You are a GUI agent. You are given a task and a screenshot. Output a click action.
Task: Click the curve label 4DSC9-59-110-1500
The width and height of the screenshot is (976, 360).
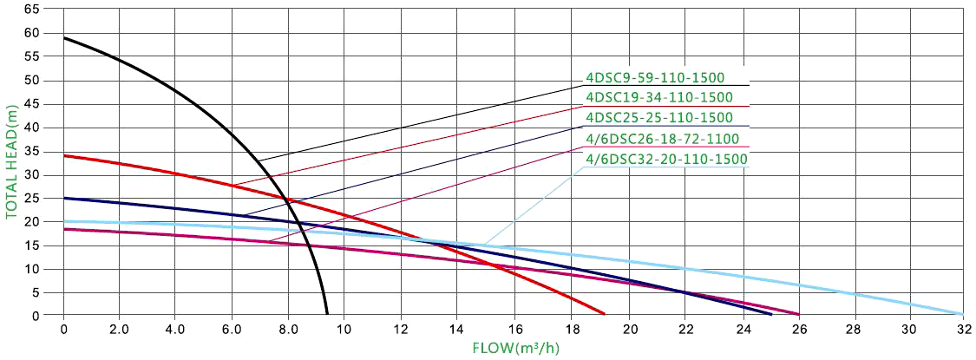pyautogui.click(x=655, y=78)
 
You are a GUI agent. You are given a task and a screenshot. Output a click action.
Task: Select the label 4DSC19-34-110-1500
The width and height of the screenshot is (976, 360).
pyautogui.click(x=659, y=97)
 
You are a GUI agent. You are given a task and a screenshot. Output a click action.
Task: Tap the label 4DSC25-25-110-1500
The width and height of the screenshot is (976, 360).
pyautogui.click(x=659, y=117)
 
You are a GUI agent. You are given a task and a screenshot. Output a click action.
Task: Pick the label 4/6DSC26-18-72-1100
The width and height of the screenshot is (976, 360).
pyautogui.click(x=663, y=139)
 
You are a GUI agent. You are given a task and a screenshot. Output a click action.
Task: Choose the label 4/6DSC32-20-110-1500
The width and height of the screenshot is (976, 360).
pyautogui.click(x=666, y=160)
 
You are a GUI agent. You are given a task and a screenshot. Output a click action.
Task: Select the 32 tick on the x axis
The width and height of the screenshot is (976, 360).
pyautogui.click(x=964, y=330)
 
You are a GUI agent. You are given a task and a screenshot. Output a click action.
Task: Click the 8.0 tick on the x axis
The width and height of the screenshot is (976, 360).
pyautogui.click(x=288, y=330)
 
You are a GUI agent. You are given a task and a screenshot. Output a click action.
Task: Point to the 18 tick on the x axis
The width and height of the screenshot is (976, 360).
pyautogui.click(x=571, y=330)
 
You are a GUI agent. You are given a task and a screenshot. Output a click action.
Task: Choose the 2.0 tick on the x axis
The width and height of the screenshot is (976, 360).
pyautogui.click(x=120, y=330)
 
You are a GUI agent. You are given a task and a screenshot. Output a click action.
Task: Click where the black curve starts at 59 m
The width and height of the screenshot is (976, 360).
pyautogui.click(x=64, y=37)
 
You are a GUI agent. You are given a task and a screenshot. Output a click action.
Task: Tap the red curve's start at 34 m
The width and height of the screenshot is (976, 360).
pyautogui.click(x=64, y=155)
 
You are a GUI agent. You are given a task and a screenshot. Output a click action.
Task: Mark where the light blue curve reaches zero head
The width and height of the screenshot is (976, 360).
pyautogui.click(x=962, y=314)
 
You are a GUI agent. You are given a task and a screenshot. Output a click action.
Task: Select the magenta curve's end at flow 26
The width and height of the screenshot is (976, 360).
pyautogui.click(x=797, y=314)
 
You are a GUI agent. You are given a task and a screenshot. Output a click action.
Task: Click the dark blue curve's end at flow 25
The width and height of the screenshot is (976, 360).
pyautogui.click(x=770, y=313)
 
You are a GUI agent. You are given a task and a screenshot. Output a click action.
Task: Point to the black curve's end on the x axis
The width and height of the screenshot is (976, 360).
pyautogui.click(x=327, y=313)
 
